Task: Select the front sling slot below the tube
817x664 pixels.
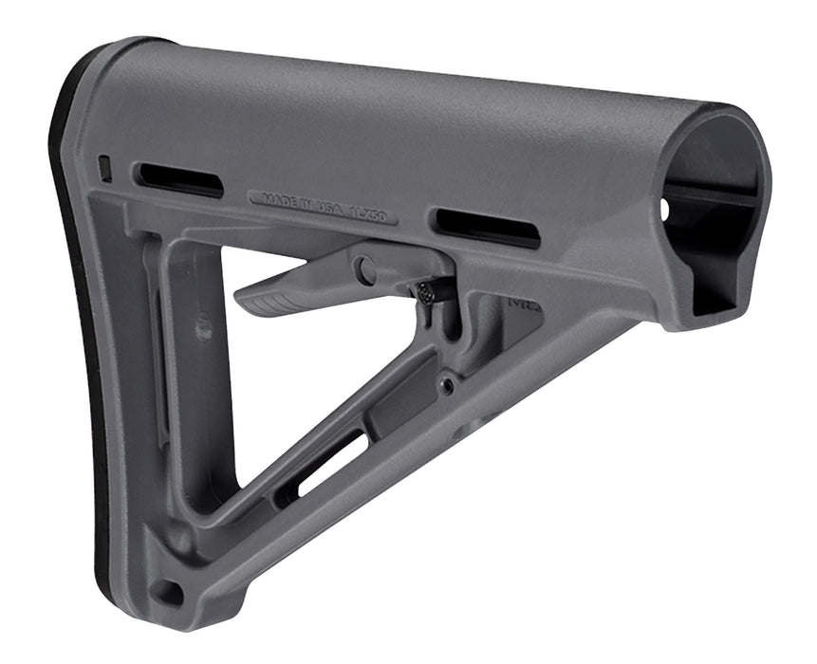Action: click(x=486, y=229)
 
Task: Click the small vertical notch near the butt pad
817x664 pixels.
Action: click(x=105, y=169)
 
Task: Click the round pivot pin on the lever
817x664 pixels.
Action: click(x=365, y=269)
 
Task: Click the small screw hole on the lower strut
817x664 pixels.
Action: click(x=444, y=385)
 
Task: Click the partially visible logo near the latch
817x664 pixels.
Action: click(x=521, y=308)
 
